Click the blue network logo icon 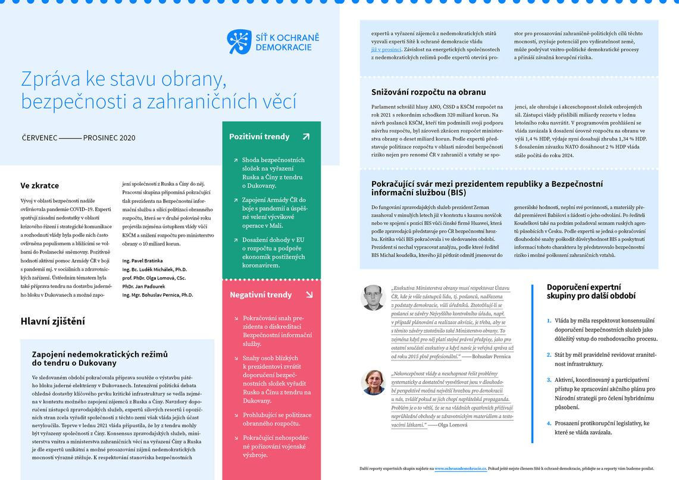pyautogui.click(x=239, y=42)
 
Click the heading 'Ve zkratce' pyautogui.click(x=40, y=186)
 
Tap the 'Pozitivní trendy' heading pyautogui.click(x=259, y=136)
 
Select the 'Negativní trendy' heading pyautogui.click(x=261, y=294)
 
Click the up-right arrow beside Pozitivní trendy pyautogui.click(x=306, y=136)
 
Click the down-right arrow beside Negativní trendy pyautogui.click(x=309, y=294)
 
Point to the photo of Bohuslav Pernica pyautogui.click(x=373, y=297)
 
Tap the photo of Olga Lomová pyautogui.click(x=373, y=382)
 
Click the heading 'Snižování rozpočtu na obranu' pyautogui.click(x=428, y=92)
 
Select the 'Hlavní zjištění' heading pyautogui.click(x=52, y=321)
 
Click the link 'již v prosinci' pyautogui.click(x=386, y=49)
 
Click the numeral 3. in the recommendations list pyautogui.click(x=549, y=379)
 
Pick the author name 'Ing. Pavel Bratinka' pyautogui.click(x=142, y=261)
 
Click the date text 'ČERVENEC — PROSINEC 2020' pyautogui.click(x=79, y=138)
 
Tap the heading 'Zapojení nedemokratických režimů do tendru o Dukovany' pyautogui.click(x=100, y=358)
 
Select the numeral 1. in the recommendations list pyautogui.click(x=549, y=321)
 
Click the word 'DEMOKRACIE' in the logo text pyautogui.click(x=287, y=47)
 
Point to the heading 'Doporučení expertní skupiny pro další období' pyautogui.click(x=591, y=291)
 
